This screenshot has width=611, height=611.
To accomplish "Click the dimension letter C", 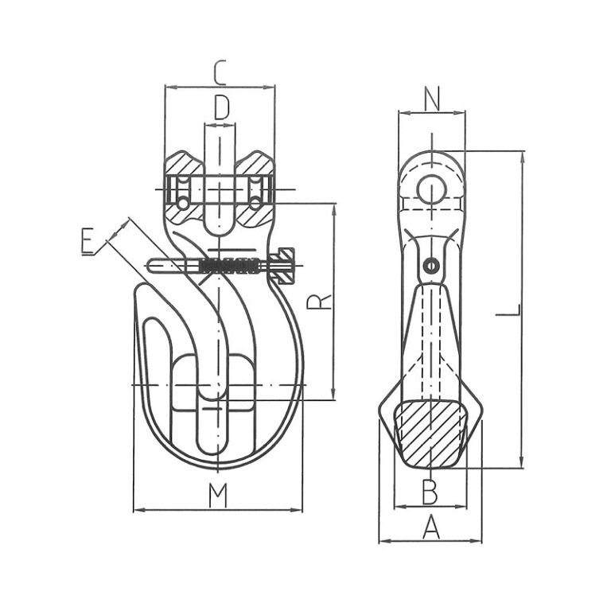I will pyautogui.click(x=220, y=73).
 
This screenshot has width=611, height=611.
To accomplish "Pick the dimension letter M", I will pyautogui.click(x=217, y=496).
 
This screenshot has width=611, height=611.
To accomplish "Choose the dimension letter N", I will pyautogui.click(x=431, y=99).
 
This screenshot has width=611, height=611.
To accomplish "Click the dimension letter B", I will pyautogui.click(x=430, y=492).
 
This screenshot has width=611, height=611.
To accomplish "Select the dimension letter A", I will pyautogui.click(x=430, y=527).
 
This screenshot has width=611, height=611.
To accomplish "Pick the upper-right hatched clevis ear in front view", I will pyautogui.click(x=255, y=168).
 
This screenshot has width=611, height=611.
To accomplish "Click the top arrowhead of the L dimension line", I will pyautogui.click(x=522, y=154).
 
